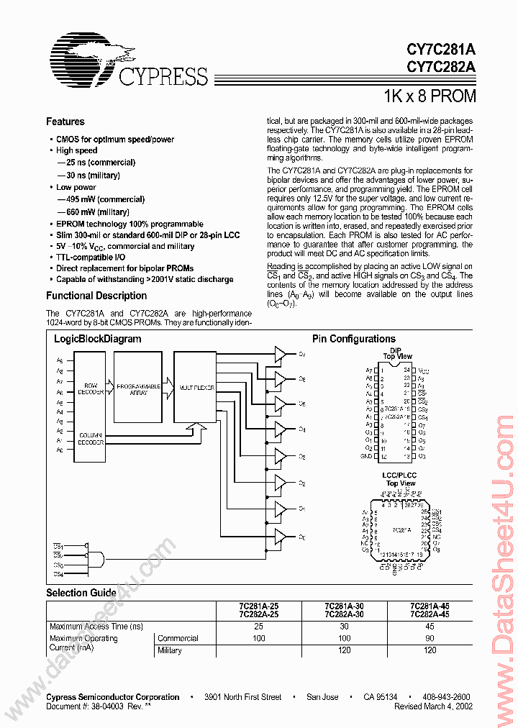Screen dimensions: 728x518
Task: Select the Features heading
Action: point(65,122)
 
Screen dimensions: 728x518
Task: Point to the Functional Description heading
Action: point(96,296)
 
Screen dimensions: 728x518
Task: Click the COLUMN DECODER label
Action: point(91,440)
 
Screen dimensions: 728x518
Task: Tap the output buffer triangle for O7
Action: point(279,354)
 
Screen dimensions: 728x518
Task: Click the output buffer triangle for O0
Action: point(279,537)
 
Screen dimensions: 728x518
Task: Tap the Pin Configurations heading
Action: point(353,339)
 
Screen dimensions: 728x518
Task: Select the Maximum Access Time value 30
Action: point(344,627)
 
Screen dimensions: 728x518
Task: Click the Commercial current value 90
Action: point(430,638)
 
